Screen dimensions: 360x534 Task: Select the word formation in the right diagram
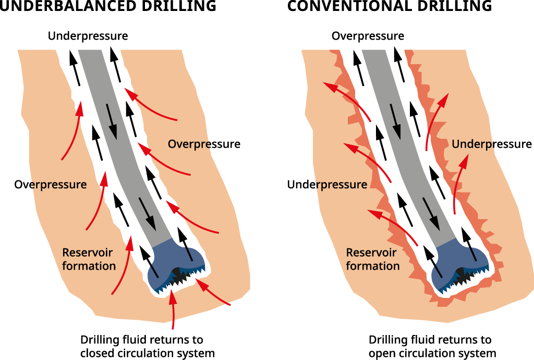[372, 266]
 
